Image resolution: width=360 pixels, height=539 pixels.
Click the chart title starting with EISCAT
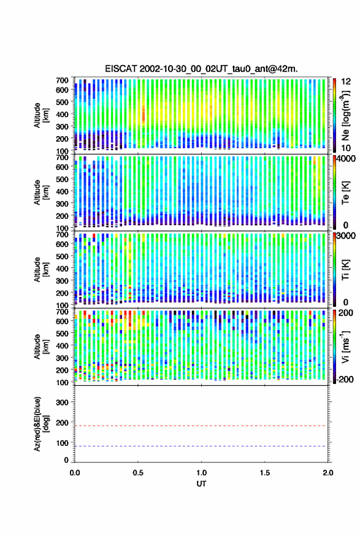[201, 69]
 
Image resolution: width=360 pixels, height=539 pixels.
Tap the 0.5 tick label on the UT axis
[138, 473]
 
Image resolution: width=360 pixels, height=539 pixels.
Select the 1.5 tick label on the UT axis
[265, 473]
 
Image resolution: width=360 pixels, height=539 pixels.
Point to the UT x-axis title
[201, 484]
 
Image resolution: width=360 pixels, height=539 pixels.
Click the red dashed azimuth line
[201, 426]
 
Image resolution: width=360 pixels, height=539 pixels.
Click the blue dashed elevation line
[201, 446]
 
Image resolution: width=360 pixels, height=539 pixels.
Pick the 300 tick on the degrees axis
[62, 402]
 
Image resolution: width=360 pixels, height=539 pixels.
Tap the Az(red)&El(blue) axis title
[41, 424]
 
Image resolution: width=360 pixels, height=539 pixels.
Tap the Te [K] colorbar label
[346, 193]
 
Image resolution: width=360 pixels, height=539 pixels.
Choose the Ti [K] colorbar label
[346, 270]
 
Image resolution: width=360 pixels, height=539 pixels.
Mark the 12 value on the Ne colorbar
[346, 82]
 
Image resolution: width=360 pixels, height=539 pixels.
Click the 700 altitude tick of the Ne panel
[62, 80]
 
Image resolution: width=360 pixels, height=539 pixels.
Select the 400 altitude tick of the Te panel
[62, 191]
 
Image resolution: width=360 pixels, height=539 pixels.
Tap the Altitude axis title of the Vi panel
[41, 346]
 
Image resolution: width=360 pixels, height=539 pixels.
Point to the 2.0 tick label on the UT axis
[328, 473]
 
